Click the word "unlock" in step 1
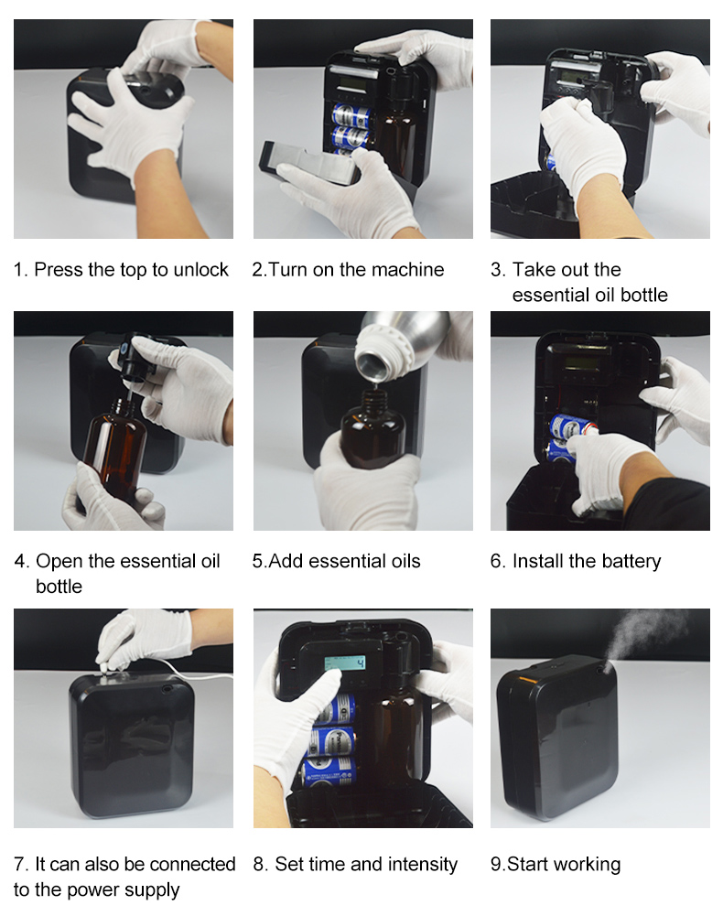(x=200, y=269)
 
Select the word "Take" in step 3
(x=532, y=269)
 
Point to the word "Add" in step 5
(x=286, y=561)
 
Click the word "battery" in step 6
(x=631, y=562)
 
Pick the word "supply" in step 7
(x=150, y=890)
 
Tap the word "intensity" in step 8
(x=423, y=865)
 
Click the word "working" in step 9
(x=587, y=865)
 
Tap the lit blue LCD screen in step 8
(x=345, y=663)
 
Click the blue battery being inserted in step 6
(x=570, y=426)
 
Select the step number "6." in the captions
(x=497, y=561)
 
